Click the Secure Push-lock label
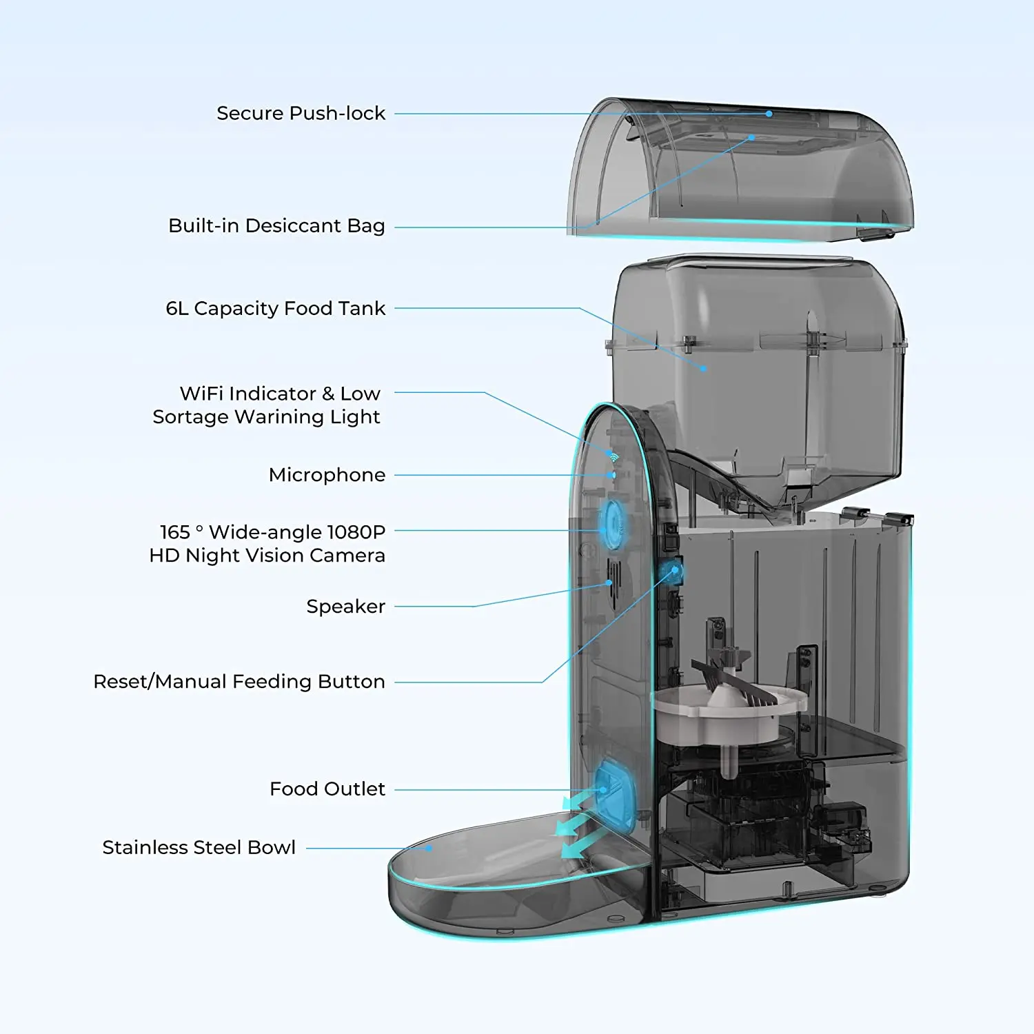(301, 113)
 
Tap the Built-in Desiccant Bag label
(276, 226)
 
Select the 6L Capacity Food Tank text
(275, 308)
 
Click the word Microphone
(327, 475)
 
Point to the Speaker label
(345, 607)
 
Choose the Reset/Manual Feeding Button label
(239, 682)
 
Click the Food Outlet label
(327, 789)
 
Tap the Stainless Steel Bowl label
(199, 847)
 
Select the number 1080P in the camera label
(356, 532)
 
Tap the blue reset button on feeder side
(671, 571)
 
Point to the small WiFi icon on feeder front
(614, 456)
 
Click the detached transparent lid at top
(741, 172)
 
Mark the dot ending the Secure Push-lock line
(769, 114)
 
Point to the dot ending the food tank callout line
(703, 369)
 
